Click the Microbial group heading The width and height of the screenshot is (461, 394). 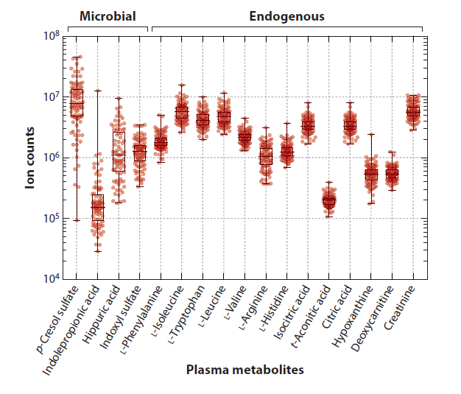(108, 15)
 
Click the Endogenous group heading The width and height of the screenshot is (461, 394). (286, 15)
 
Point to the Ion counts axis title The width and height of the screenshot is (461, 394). (30, 158)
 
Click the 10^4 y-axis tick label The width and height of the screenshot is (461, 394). (50, 279)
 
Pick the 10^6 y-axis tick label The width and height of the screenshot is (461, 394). (50, 158)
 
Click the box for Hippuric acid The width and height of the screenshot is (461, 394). (119, 151)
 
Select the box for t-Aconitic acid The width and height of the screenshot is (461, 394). (328, 200)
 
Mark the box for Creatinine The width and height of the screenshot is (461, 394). (413, 110)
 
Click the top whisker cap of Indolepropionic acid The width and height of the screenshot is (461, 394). (97, 90)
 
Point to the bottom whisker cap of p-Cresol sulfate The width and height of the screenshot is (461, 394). (77, 220)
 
